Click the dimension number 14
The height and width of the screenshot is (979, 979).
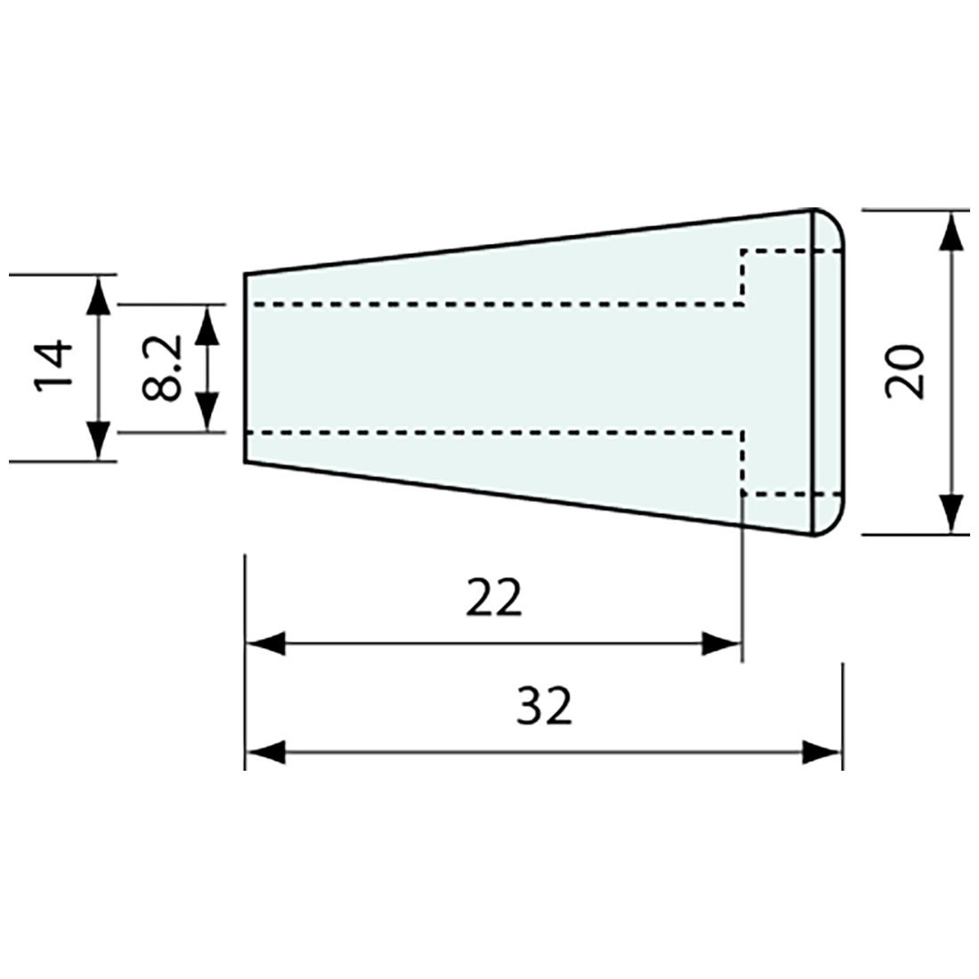(x=53, y=367)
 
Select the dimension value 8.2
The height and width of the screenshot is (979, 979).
(x=164, y=367)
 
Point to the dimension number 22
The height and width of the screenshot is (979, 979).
(x=493, y=598)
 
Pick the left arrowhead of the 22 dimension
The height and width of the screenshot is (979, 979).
(x=265, y=643)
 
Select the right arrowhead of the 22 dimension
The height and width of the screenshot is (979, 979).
(x=721, y=643)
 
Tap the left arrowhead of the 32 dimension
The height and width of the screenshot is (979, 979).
(x=265, y=752)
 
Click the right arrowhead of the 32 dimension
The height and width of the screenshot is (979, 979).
(x=821, y=752)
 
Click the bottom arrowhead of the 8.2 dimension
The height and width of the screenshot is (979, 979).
(x=206, y=412)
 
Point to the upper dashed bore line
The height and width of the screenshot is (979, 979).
(x=498, y=305)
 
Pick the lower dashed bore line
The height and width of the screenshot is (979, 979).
(x=498, y=433)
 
